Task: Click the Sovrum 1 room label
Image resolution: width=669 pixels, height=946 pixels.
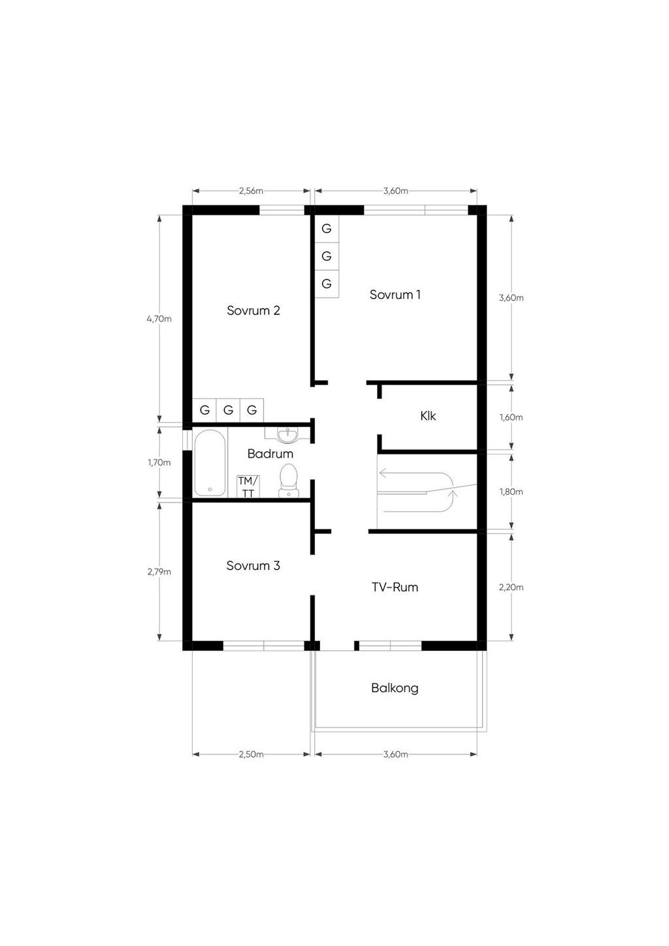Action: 395,294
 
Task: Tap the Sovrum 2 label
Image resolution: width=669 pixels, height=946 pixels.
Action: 253,310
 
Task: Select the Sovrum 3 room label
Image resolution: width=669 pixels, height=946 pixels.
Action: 253,565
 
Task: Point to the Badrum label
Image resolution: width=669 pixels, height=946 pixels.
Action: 270,454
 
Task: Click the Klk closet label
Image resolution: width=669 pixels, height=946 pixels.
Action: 428,416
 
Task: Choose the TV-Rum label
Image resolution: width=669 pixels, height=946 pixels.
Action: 395,587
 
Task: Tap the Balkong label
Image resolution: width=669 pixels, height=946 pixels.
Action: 395,688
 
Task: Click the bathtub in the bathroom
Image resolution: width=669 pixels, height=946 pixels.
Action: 210,463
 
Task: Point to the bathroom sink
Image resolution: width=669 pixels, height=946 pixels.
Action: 287,435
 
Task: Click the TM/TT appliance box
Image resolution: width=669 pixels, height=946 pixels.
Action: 248,486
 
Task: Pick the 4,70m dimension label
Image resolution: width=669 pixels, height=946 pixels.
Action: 159,319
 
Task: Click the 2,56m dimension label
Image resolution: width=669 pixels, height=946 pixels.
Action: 251,191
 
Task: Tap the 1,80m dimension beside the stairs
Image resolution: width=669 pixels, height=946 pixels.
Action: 511,492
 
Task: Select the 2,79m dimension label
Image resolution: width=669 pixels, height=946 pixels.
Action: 159,572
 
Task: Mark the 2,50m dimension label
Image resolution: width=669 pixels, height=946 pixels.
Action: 251,755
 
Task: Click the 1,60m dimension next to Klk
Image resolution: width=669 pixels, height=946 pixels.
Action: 511,417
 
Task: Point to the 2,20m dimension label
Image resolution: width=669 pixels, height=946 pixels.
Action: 511,588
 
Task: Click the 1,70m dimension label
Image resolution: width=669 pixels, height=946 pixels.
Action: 159,463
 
